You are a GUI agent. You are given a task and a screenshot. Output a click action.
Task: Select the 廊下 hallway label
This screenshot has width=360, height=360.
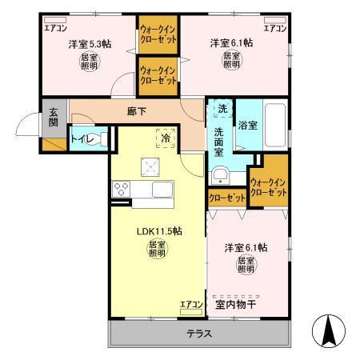(136, 111)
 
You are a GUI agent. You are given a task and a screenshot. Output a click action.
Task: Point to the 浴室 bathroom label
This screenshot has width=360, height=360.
(246, 125)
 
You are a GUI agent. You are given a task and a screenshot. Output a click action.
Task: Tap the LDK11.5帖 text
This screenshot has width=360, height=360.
(159, 231)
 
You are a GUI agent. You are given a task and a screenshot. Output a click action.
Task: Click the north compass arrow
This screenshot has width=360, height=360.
(327, 328)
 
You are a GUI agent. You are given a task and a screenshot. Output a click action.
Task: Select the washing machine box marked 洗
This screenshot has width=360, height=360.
(221, 108)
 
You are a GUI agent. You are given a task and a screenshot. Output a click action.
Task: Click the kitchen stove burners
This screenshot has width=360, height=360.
(122, 190)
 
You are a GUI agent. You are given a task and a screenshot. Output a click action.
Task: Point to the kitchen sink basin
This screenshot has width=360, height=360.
(162, 190)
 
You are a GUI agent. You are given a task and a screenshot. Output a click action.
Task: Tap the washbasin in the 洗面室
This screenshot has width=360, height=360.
(221, 174)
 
